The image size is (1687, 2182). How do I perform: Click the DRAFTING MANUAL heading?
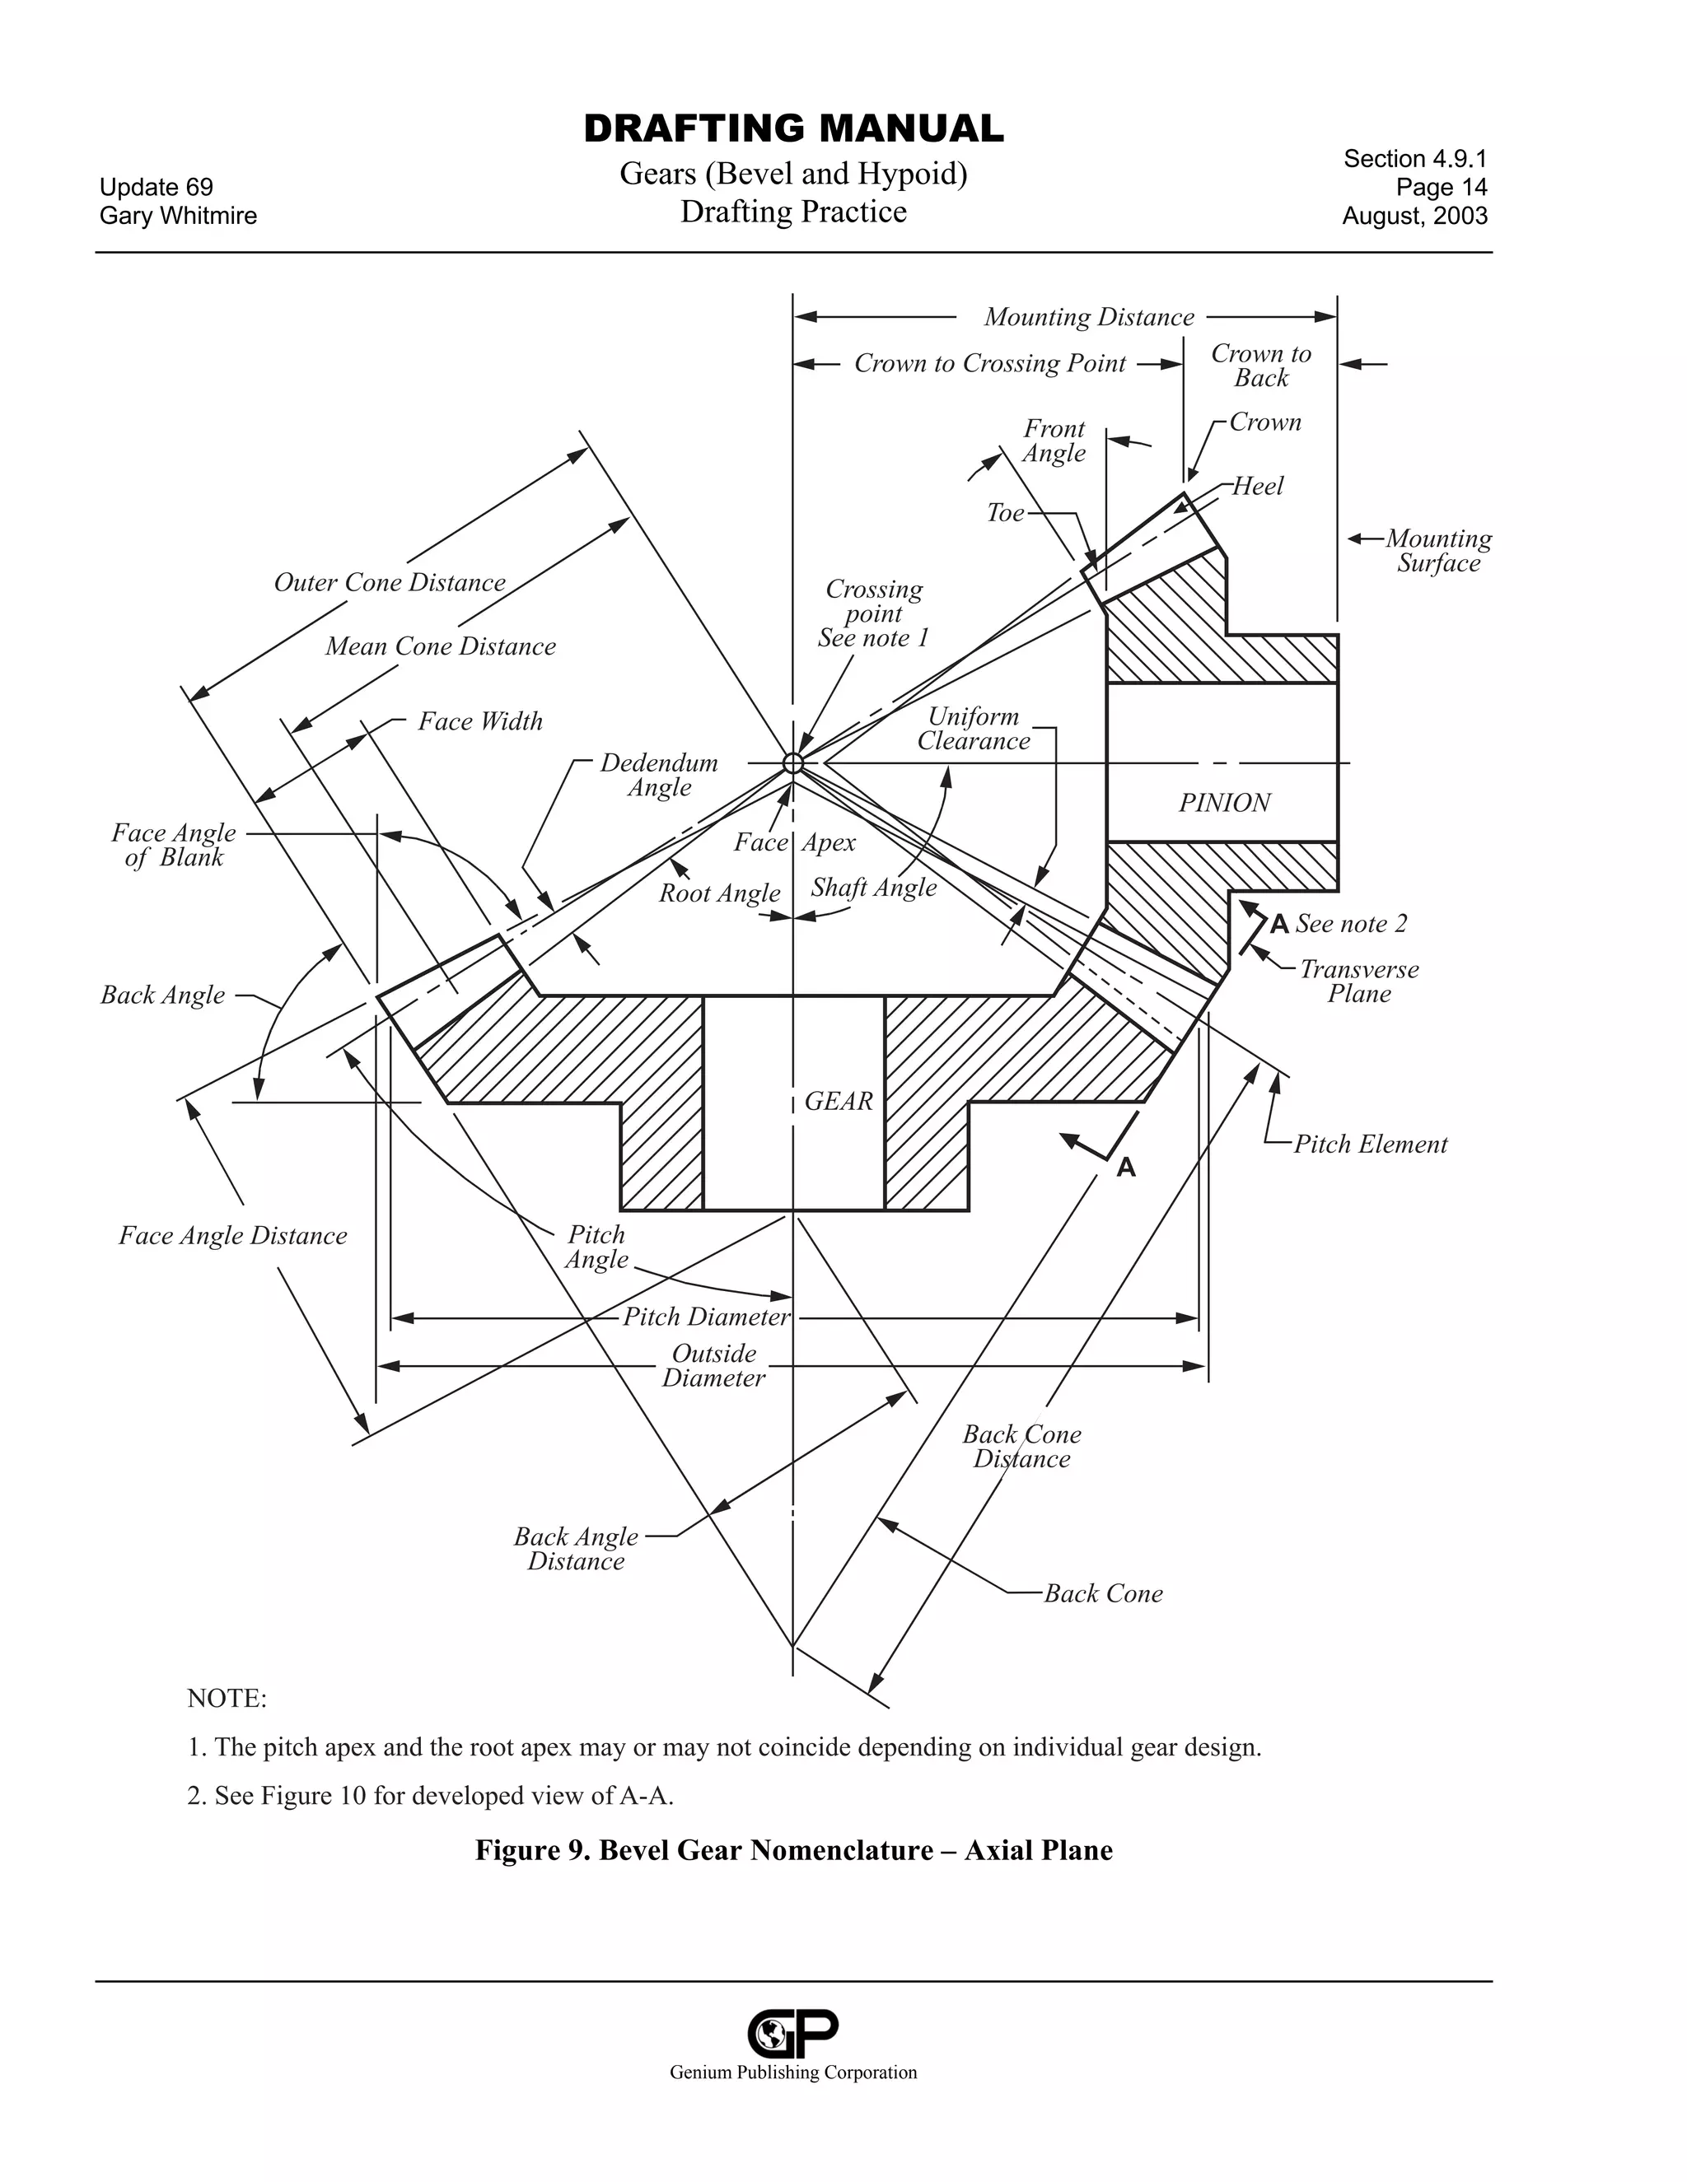[793, 129]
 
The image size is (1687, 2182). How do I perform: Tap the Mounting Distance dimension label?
[1088, 318]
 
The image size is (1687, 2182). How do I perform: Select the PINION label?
[1224, 804]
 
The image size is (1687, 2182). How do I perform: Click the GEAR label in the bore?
[839, 1101]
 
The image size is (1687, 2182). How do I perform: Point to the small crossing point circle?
[792, 763]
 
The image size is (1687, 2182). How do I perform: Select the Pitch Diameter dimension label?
[707, 1317]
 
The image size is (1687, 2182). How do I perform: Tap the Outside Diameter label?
[713, 1366]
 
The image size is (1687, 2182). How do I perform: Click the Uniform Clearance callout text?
[974, 730]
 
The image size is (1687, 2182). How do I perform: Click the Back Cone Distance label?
[1021, 1447]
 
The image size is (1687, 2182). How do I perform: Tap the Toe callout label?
[1006, 514]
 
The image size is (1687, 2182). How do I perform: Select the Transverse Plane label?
[1358, 981]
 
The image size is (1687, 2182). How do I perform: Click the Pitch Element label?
[1370, 1145]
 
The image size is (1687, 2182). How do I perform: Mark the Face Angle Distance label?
[233, 1236]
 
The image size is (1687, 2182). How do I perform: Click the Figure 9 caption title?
[793, 1850]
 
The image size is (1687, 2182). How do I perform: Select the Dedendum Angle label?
[659, 776]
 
